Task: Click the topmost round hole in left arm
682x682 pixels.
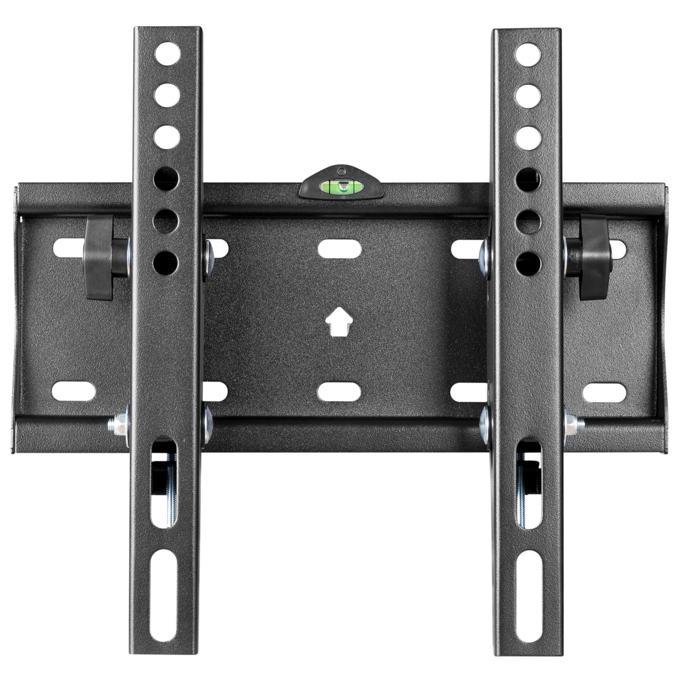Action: (x=167, y=52)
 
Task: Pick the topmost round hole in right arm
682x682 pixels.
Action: (x=528, y=52)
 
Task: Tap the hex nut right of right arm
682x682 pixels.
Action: (x=573, y=423)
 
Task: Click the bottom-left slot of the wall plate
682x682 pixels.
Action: (x=74, y=391)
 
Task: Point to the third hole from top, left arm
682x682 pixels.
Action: (x=167, y=136)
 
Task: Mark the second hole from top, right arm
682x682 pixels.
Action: (x=528, y=94)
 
